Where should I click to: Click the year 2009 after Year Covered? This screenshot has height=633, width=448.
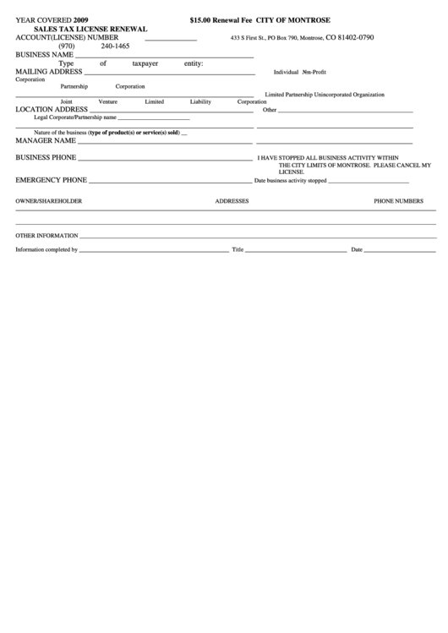point(80,19)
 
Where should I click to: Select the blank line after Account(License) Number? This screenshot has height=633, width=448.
point(171,40)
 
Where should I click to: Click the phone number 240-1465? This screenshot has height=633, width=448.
point(115,46)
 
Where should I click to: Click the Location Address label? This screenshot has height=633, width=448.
point(52,109)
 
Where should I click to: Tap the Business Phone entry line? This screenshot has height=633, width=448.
point(166,159)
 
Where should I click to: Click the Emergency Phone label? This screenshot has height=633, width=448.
point(52,180)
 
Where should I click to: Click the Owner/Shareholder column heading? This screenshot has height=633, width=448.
point(49,201)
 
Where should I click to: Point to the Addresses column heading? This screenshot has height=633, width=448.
point(232,201)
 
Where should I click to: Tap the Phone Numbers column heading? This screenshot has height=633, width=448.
point(399,201)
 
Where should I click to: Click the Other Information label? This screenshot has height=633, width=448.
point(46,235)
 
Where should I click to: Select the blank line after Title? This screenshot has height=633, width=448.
point(296,251)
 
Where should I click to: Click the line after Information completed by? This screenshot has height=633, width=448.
point(154,251)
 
